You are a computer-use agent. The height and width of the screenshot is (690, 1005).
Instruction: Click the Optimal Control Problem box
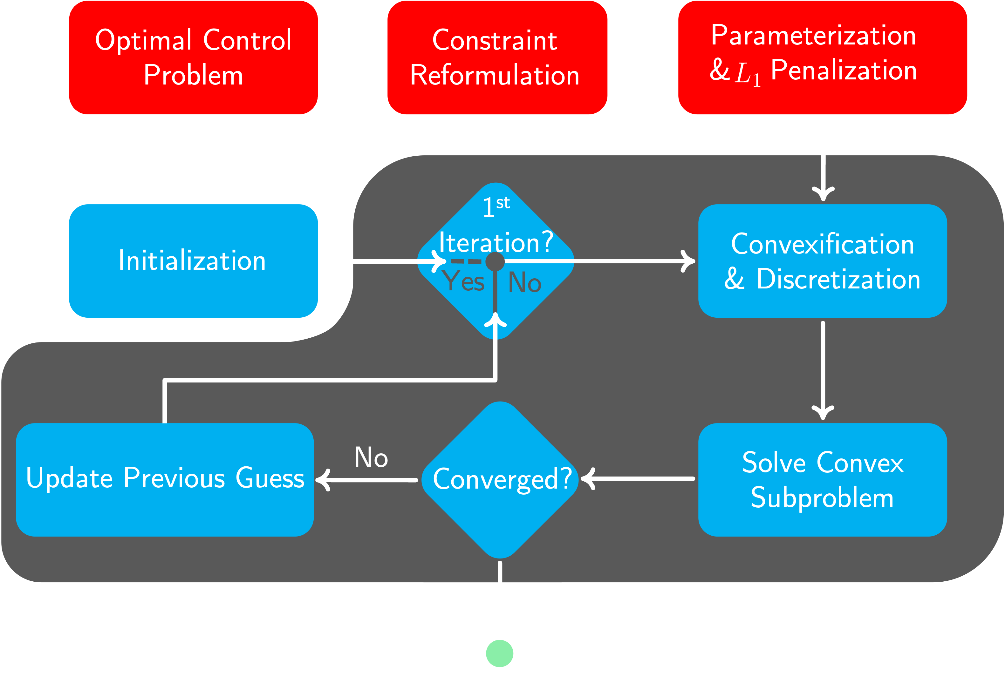(193, 58)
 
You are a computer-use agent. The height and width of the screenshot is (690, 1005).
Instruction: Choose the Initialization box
(193, 261)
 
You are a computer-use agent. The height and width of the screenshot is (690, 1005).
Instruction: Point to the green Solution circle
(499, 653)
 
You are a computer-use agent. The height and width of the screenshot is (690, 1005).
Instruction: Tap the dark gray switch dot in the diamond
(495, 261)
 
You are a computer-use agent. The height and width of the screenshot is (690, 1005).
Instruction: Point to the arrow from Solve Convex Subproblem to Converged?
(638, 479)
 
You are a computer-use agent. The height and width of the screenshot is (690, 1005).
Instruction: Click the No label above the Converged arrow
(371, 457)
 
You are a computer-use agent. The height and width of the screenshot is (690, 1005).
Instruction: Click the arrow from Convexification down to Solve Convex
(823, 370)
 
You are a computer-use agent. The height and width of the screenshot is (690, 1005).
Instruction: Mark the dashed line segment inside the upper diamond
(466, 261)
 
